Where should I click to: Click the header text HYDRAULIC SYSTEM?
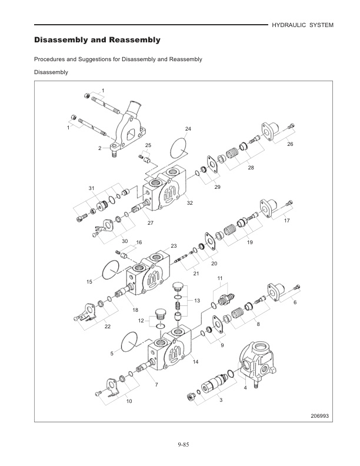(302, 25)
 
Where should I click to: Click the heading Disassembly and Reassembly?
(97, 41)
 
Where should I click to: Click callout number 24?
(188, 128)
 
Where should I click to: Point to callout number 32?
(190, 202)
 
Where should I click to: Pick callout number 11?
(220, 277)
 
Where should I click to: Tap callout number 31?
(91, 188)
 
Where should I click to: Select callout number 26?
(289, 144)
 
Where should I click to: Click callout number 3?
(221, 400)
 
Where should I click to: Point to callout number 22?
(107, 327)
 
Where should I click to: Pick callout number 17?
(286, 221)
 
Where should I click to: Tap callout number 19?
(249, 242)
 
